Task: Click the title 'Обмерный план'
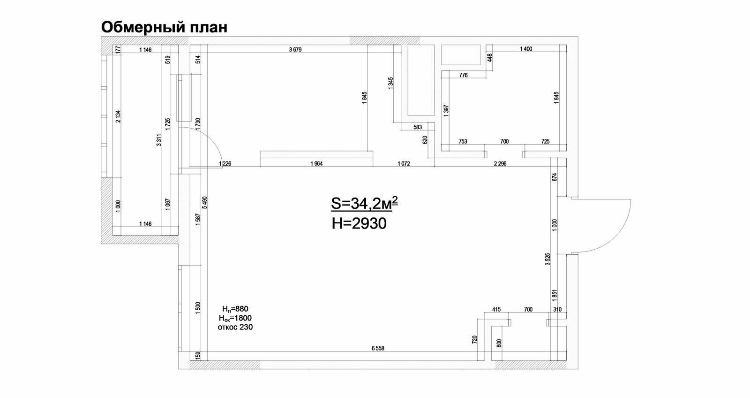pos(164,28)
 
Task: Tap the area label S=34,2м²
pos(365,203)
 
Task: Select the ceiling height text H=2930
pos(359,223)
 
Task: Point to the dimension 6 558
pos(378,348)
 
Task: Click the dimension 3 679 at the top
pos(295,50)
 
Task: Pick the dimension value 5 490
pos(204,203)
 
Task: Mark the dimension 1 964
pos(316,164)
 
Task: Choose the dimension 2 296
pos(500,164)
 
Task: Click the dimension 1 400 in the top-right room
pos(526,49)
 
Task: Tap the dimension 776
pos(464,75)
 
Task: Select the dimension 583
pos(418,127)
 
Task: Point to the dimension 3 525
pos(547,259)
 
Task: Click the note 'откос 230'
pos(235,327)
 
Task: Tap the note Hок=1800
pos(235,318)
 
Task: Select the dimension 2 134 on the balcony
pos(118,116)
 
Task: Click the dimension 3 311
pos(159,140)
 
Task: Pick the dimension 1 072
pos(404,164)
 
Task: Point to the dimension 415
pos(496,309)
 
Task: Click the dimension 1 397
pos(446,111)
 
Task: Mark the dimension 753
pos(463,141)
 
